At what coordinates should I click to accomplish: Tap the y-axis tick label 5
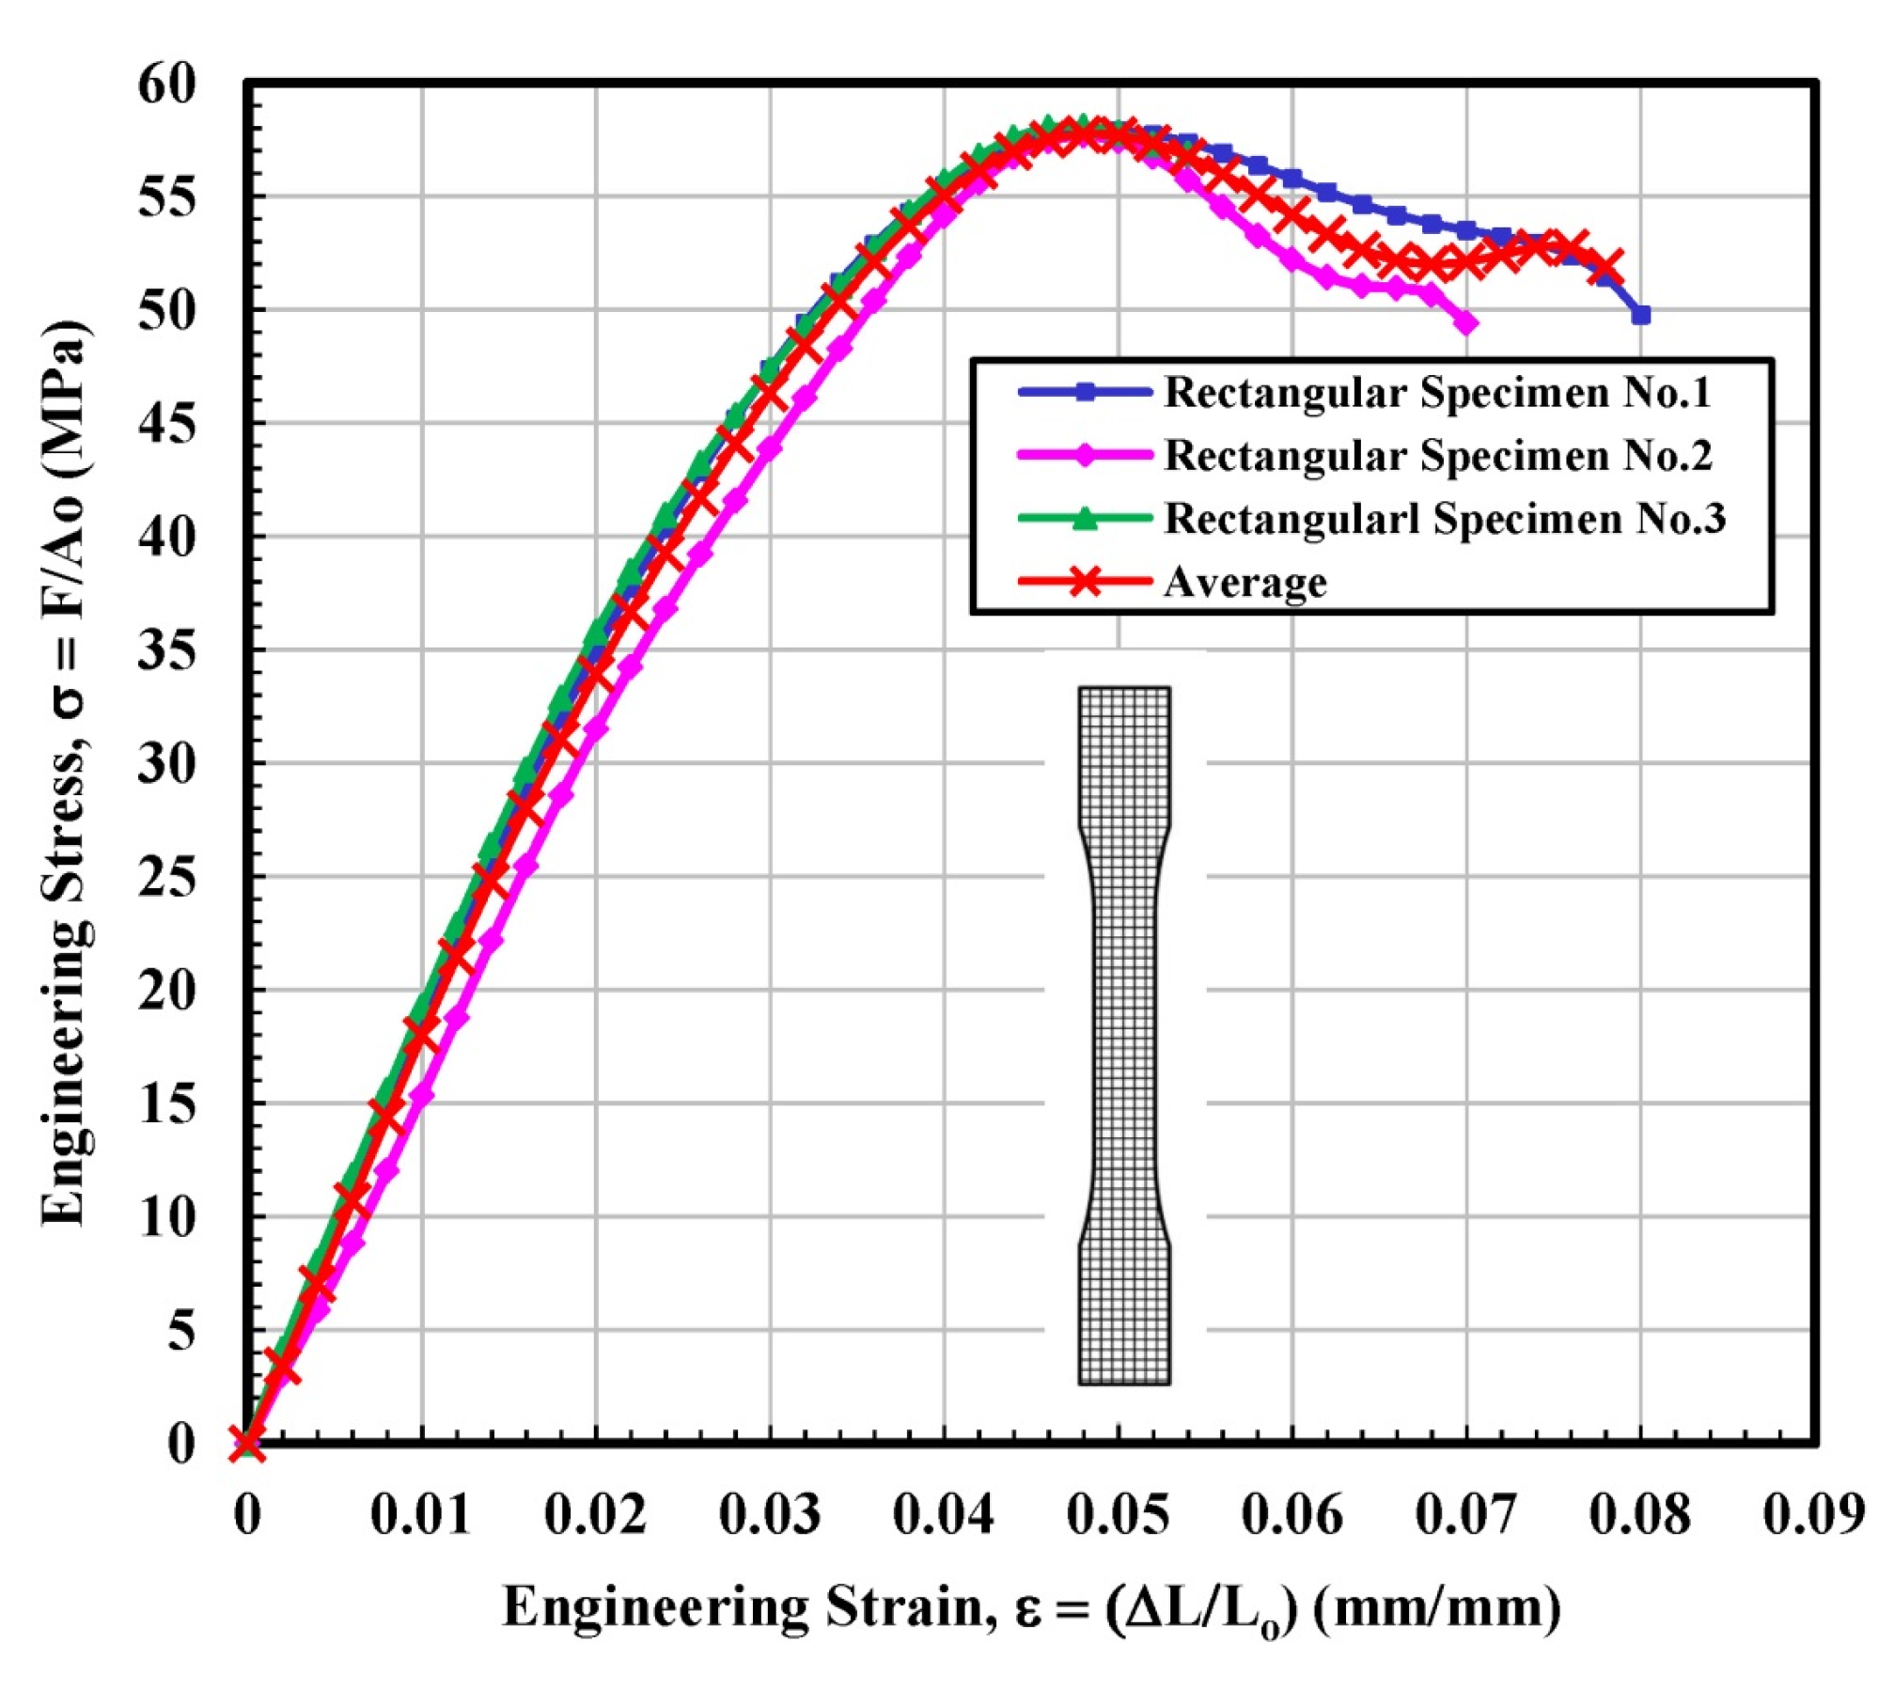(180, 1330)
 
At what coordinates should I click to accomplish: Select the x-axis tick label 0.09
(1813, 1515)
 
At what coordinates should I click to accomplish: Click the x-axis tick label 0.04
(943, 1515)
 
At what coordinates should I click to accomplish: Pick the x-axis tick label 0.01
(420, 1515)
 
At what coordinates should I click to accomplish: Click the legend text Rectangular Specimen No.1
(1437, 393)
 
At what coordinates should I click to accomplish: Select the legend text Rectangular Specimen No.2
(1437, 456)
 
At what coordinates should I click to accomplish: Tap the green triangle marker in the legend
(1085, 518)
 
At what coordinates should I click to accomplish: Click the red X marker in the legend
(1085, 582)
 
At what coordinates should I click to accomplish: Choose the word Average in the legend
(1244, 583)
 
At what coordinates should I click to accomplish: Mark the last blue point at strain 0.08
(1641, 316)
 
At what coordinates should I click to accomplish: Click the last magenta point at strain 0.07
(1466, 323)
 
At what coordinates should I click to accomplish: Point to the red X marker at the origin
(247, 1443)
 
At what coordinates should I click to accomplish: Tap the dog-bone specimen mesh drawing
(1124, 1034)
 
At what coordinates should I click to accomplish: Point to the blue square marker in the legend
(1085, 392)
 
